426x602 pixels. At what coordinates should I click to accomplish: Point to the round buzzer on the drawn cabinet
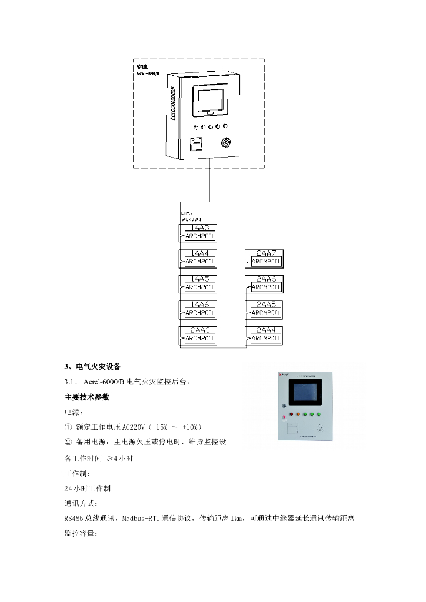pos(225,142)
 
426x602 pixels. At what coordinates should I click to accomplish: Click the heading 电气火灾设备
pos(98,366)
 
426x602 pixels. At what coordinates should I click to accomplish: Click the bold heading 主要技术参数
pos(87,397)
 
